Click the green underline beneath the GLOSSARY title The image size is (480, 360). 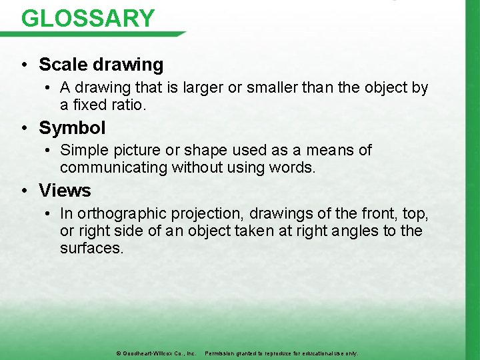tap(100, 34)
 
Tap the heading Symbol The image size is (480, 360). tap(72, 127)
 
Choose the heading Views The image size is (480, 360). tap(65, 191)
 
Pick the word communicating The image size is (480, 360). tap(113, 168)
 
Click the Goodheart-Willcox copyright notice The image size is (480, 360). tap(156, 353)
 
